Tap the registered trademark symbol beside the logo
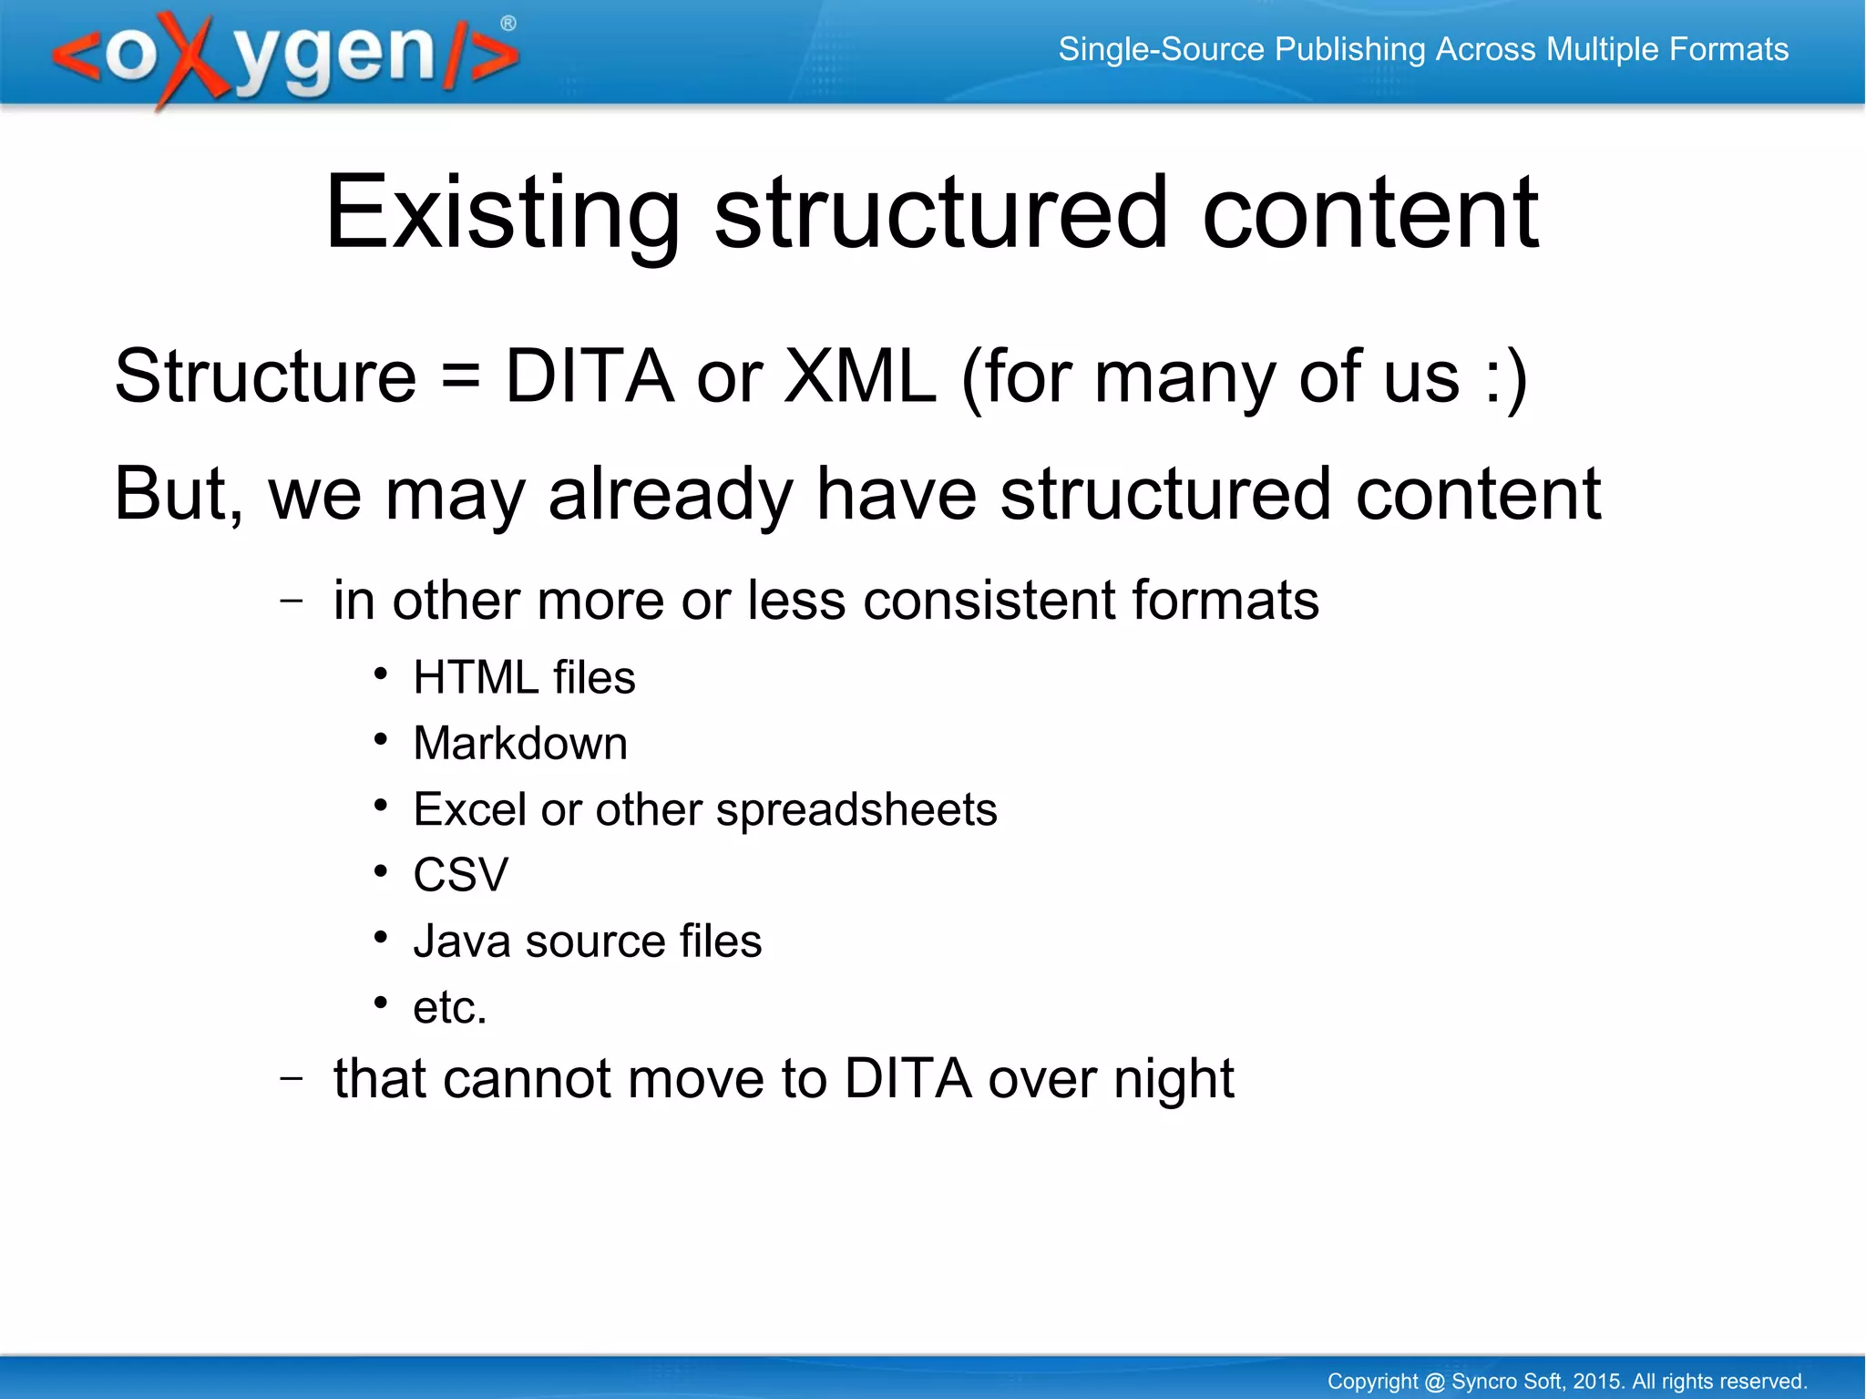pos(508,24)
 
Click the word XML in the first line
pos(860,376)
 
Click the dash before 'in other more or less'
pos(292,601)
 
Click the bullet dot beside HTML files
pos(381,674)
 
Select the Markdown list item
pos(520,744)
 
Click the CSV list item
pos(460,875)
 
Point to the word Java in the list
pos(461,941)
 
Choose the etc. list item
pos(450,1008)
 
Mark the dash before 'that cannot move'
pos(292,1078)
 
